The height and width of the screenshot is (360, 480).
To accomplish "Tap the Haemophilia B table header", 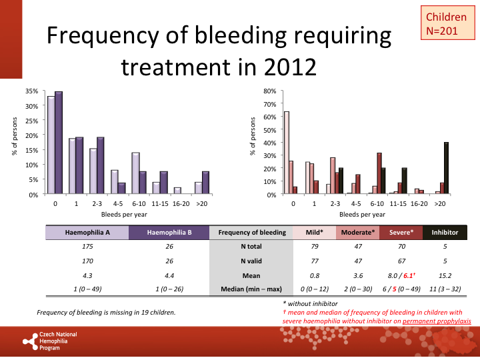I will (x=169, y=233).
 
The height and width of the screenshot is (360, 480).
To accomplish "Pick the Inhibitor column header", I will (x=445, y=233).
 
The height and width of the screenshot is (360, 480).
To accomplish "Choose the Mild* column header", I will (x=314, y=233).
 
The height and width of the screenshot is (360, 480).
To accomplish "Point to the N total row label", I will (x=251, y=247).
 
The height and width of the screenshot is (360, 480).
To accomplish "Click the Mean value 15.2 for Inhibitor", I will (x=445, y=275).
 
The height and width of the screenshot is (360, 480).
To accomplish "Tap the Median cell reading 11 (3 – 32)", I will (x=445, y=289).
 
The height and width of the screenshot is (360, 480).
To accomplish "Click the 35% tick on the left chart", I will (x=31, y=91).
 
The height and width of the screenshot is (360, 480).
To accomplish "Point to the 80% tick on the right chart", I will (x=269, y=91).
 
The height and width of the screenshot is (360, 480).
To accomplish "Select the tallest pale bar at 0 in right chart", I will (x=287, y=153).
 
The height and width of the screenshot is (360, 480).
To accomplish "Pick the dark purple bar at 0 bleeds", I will (x=59, y=143).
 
